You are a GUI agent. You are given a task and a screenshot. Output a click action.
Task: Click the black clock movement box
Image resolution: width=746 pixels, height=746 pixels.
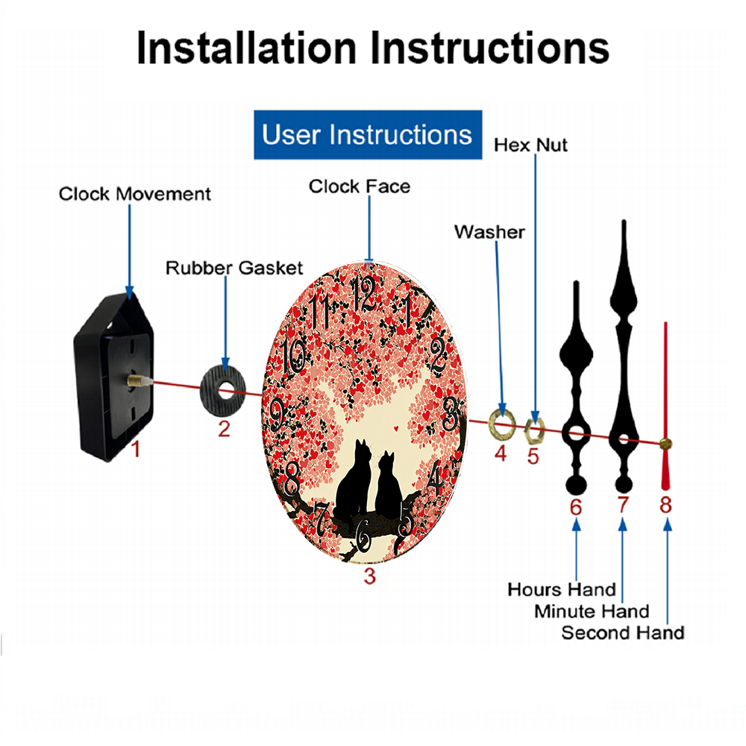[114, 376]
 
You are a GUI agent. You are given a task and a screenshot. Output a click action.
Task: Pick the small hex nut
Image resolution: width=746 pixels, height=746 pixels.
[534, 431]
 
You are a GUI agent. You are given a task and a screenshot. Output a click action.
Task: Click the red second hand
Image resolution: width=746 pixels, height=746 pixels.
[665, 406]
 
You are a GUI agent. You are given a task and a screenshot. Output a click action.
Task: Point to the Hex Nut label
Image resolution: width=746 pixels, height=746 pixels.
[530, 145]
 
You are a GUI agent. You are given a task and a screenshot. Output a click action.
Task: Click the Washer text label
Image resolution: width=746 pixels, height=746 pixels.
[489, 232]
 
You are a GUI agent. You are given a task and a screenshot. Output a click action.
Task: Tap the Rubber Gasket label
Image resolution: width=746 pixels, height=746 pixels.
[234, 268]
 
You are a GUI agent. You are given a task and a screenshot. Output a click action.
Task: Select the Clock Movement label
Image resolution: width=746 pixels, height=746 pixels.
[134, 194]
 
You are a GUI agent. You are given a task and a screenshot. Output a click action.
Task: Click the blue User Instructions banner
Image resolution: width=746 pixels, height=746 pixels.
[368, 134]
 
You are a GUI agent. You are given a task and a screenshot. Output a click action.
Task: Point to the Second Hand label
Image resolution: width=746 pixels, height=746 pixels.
[623, 633]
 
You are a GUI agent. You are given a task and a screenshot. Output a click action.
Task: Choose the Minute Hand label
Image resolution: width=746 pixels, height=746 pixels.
[592, 611]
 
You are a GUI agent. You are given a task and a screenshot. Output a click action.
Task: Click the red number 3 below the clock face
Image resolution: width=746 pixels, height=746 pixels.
[370, 576]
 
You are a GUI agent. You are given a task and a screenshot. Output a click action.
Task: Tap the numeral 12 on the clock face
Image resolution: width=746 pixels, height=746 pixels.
[363, 294]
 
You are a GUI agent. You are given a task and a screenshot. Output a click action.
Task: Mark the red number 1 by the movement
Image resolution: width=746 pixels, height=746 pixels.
[136, 448]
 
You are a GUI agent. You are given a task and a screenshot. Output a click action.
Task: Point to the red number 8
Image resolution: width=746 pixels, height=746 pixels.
[665, 505]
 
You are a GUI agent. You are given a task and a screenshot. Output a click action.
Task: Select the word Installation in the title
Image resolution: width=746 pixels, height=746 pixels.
[246, 48]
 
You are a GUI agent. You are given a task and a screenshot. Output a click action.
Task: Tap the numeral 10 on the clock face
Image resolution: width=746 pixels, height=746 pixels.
[293, 355]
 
